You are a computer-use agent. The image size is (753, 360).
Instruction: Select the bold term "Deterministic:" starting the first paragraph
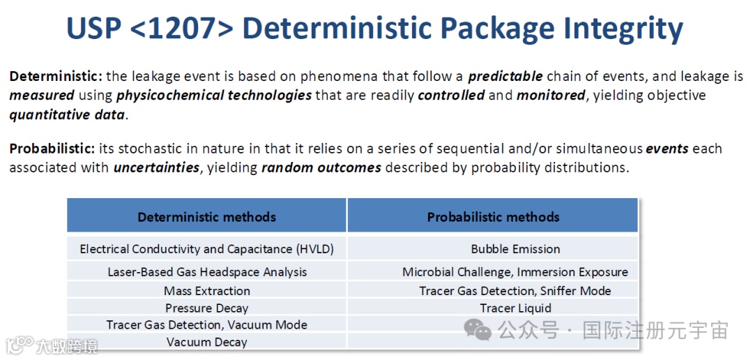click(x=56, y=77)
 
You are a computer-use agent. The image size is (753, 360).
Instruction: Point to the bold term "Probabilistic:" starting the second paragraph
click(x=52, y=149)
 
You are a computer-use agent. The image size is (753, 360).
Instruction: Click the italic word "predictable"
click(x=505, y=77)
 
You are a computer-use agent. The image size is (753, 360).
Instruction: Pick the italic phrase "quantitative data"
click(x=67, y=116)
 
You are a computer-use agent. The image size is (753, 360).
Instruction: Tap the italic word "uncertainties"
click(x=157, y=168)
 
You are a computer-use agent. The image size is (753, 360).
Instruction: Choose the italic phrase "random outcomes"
click(x=321, y=168)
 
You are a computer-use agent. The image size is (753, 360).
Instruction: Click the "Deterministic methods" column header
click(x=207, y=217)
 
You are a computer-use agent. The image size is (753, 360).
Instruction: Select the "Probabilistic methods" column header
click(x=493, y=217)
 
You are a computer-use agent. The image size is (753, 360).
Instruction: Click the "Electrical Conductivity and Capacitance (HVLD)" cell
click(x=207, y=249)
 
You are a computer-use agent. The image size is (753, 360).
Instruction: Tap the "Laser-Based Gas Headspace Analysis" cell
click(x=207, y=272)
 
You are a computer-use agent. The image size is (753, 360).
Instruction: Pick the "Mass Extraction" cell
click(x=207, y=291)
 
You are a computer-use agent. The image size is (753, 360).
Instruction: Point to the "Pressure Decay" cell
click(x=207, y=308)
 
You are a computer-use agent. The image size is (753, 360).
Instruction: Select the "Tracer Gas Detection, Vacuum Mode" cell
click(x=207, y=325)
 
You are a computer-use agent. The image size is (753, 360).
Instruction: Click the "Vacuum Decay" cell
click(x=207, y=343)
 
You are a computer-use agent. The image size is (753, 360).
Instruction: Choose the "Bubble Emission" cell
click(x=515, y=249)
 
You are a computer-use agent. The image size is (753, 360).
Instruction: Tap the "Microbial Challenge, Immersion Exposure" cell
click(x=515, y=272)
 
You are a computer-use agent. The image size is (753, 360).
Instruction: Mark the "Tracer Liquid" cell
click(x=515, y=308)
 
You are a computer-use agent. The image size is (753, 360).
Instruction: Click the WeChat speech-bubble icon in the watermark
click(x=478, y=330)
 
